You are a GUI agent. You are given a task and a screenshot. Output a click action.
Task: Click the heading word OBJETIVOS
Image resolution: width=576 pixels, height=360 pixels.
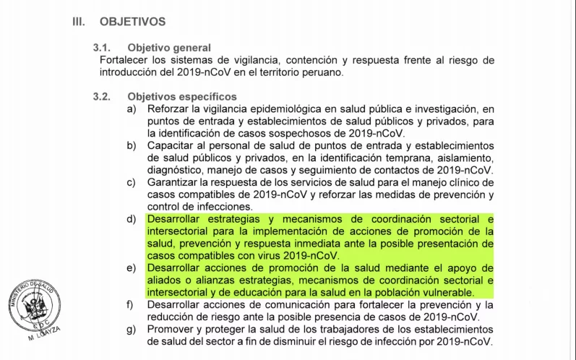coord(132,22)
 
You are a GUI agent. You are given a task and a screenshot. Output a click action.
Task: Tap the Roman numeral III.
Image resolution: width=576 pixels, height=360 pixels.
coord(79,22)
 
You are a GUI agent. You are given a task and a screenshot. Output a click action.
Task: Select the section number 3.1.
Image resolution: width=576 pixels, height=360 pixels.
coord(101,47)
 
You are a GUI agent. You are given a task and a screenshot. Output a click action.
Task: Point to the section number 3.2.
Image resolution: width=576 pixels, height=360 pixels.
coord(101,96)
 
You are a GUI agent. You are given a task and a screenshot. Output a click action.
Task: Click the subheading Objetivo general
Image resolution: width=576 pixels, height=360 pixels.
coord(169,47)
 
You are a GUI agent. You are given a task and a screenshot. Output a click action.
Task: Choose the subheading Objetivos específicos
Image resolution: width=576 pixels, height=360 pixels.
coord(182,96)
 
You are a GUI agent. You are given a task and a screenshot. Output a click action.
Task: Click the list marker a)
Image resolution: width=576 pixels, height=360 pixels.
coord(132,108)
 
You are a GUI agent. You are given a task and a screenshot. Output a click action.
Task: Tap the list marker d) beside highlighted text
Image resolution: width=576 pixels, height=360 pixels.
coord(132,218)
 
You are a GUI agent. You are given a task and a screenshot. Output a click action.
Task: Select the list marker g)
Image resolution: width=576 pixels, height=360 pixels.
coord(132,330)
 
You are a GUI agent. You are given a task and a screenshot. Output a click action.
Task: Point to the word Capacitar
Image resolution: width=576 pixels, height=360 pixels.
coord(171,145)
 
